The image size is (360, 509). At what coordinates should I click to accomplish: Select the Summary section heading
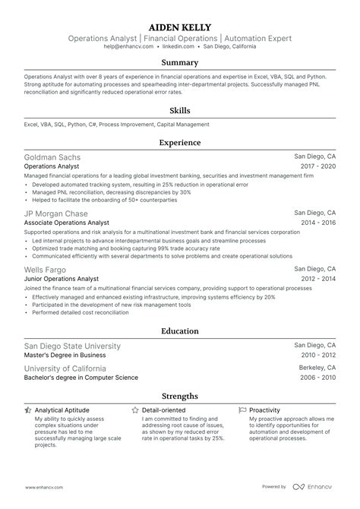point(179,62)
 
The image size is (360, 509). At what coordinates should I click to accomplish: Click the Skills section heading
point(179,110)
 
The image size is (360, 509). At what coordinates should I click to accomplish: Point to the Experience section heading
point(179,142)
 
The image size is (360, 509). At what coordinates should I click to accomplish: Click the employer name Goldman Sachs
point(52,157)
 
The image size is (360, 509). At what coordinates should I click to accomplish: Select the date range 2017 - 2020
point(320,166)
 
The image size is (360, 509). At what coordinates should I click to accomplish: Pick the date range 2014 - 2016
point(320,223)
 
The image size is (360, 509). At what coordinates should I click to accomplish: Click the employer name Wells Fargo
point(45,270)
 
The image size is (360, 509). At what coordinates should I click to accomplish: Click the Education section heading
point(179,331)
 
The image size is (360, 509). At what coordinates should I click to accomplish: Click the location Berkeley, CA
point(317,368)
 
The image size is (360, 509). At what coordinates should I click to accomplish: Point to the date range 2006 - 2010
point(319,378)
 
